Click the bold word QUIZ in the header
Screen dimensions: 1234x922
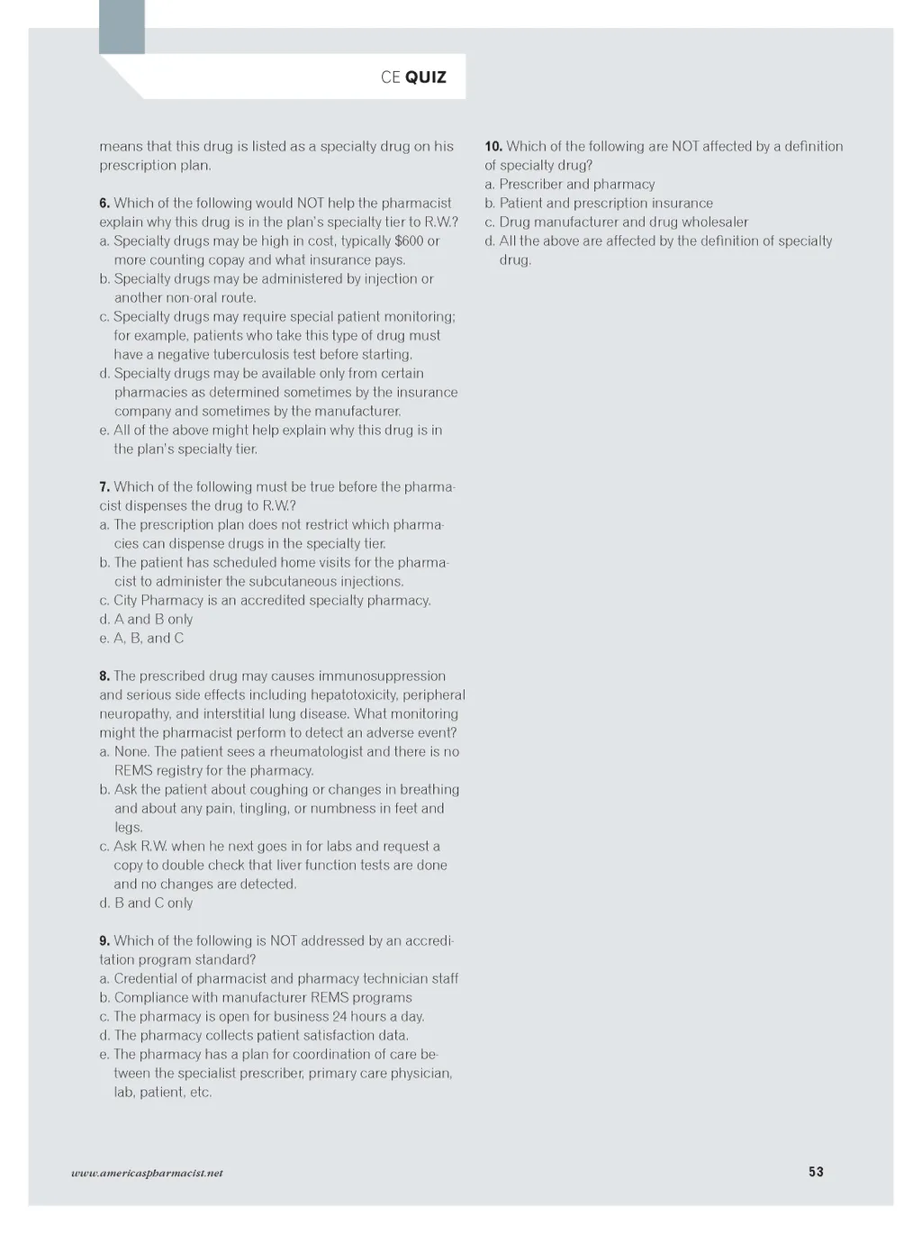[x=426, y=77]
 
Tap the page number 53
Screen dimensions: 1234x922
[x=816, y=1172]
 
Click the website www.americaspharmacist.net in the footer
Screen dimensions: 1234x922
[x=147, y=1173]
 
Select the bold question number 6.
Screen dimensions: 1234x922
[x=104, y=204]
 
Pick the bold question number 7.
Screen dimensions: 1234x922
[x=104, y=487]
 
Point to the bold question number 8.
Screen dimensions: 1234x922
[x=104, y=676]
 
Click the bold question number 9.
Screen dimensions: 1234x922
[x=104, y=941]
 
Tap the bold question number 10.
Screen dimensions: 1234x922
[x=493, y=147]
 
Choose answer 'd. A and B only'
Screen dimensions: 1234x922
[x=146, y=620]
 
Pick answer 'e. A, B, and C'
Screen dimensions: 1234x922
[x=141, y=639]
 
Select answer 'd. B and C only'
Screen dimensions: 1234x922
[x=146, y=903]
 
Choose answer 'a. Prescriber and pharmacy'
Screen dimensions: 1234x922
[x=570, y=185]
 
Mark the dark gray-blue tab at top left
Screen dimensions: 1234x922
[x=122, y=27]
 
